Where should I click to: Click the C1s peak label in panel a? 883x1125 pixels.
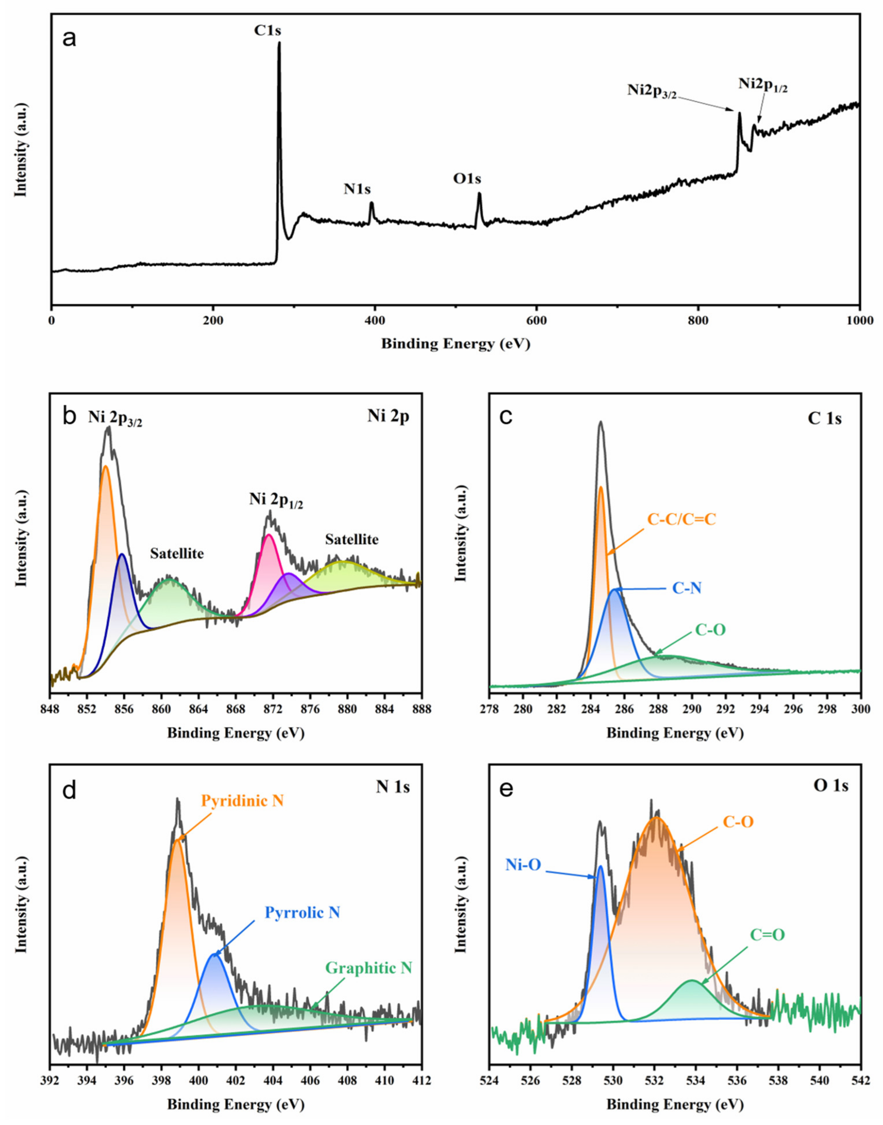(267, 31)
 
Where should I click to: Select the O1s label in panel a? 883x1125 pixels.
(467, 179)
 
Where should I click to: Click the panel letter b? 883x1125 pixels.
(69, 417)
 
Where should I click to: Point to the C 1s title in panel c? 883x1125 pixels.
(824, 418)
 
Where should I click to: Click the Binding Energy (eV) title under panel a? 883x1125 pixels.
(455, 344)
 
